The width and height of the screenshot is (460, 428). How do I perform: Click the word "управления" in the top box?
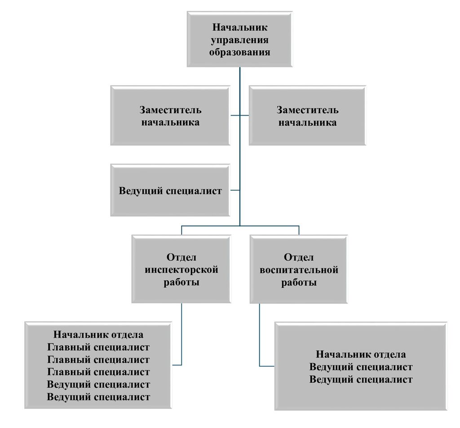point(239,40)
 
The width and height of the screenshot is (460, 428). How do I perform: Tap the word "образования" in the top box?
point(239,52)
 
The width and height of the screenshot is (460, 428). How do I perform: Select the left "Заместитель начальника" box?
point(170,116)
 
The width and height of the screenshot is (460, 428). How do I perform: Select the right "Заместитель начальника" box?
point(307,116)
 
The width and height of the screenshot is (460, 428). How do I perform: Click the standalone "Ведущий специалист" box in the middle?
point(170,190)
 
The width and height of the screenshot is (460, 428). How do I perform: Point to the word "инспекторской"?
point(181,270)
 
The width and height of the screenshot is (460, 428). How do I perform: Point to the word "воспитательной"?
point(299,270)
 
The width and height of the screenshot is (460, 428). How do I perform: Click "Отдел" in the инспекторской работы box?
point(181,258)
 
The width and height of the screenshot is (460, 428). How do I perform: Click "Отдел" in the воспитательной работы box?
point(299,258)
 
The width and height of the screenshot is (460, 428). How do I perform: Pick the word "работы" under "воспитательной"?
point(299,283)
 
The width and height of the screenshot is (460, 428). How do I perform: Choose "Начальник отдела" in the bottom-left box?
point(98,334)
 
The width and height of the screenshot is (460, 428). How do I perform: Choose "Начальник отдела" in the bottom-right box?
point(361,354)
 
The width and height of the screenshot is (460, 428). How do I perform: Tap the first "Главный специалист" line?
point(98,347)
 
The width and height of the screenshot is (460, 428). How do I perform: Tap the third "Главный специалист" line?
point(98,372)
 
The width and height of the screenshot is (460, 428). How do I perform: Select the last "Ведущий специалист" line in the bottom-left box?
point(98,397)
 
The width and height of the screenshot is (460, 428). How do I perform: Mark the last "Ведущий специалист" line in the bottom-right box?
point(361,379)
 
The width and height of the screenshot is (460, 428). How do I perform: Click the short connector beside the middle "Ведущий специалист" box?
point(235,190)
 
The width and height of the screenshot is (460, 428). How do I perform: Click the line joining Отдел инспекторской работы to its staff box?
point(181,334)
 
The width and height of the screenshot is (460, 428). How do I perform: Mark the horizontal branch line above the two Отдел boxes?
point(240,226)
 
